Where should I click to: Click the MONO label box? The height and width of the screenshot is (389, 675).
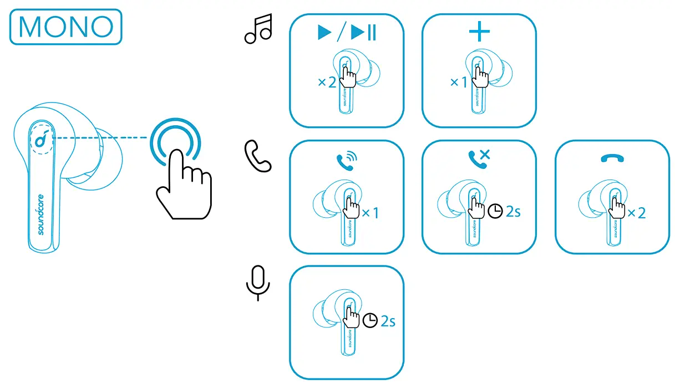point(65,27)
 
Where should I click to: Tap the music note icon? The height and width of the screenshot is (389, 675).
point(258,29)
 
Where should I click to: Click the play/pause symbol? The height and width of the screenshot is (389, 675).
point(347,33)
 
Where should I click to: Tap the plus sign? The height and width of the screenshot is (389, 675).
point(479,32)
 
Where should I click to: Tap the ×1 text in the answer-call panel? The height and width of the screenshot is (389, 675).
point(370,213)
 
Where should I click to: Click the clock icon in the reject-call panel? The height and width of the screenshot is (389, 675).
point(495,212)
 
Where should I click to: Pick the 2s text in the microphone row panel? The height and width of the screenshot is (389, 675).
point(388,321)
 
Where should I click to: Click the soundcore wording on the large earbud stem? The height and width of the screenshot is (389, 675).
point(41,214)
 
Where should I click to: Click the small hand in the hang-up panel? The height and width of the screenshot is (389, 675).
point(616,208)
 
